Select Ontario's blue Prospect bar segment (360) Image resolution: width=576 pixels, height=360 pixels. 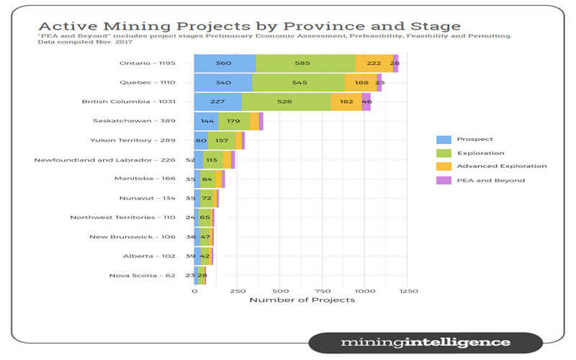tap(225, 63)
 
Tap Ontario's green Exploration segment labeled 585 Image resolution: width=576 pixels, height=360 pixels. tap(305, 63)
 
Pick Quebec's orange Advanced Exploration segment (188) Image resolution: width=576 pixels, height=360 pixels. tap(361, 83)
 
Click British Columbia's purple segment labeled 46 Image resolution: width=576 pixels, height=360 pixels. tap(366, 102)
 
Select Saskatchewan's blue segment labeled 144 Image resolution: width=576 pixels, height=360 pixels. tap(206, 122)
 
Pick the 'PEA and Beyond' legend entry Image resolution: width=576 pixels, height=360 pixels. tap(480, 181)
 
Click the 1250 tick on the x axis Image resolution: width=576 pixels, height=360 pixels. tap(408, 291)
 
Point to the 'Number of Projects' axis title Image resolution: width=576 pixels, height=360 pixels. tap(302, 300)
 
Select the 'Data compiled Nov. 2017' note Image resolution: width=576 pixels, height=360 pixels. tap(71, 42)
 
